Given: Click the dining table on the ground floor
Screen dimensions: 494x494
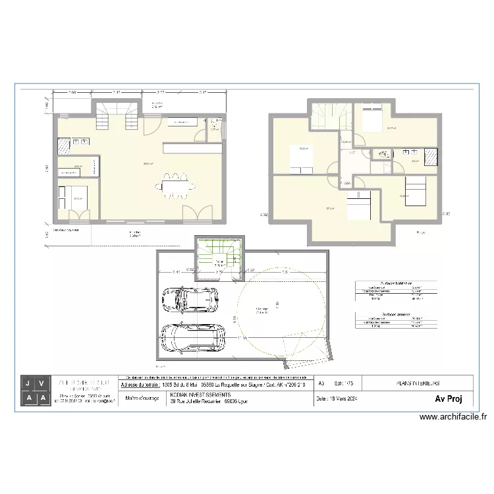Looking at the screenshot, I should point(176,185).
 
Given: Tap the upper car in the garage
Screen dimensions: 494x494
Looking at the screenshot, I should point(190,299).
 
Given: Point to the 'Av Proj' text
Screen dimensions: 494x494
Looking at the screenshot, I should point(448,398).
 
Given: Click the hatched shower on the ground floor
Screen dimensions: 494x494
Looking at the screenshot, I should point(65,146).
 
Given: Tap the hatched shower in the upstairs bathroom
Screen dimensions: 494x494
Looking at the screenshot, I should point(431,157).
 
